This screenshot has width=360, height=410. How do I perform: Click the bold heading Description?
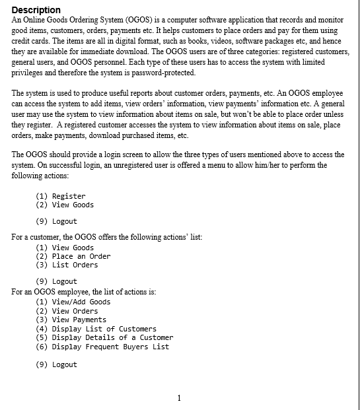pyautogui.click(x=36, y=10)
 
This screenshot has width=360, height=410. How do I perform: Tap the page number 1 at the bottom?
pyautogui.click(x=179, y=397)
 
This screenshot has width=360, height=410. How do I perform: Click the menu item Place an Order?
pyautogui.click(x=81, y=256)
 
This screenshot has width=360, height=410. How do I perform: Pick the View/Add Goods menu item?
pyautogui.click(x=81, y=302)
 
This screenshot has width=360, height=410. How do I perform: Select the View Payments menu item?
pyautogui.click(x=79, y=320)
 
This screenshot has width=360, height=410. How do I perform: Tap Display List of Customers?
pyautogui.click(x=104, y=329)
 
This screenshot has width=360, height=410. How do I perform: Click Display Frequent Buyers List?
pyautogui.click(x=110, y=347)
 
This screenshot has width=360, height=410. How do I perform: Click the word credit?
pyautogui.click(x=24, y=41)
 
